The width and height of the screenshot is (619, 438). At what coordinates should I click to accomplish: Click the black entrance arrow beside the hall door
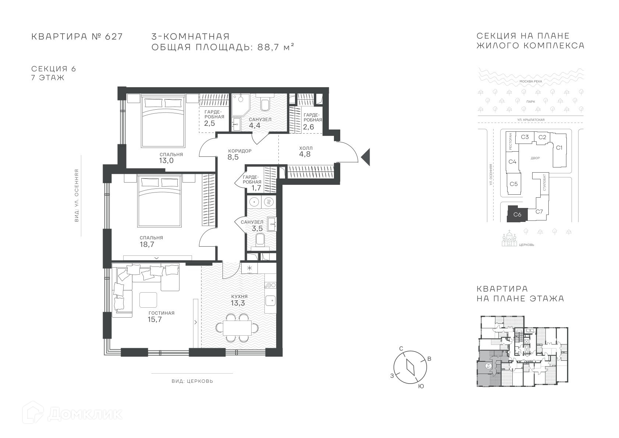pos(366,157)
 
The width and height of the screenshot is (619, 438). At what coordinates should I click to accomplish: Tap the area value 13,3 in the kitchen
pos(238,303)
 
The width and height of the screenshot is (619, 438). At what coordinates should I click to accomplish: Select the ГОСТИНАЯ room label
pos(162,313)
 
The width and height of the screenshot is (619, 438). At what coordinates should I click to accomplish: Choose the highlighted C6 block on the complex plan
pos(517,214)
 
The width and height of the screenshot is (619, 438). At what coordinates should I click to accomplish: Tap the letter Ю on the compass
pos(421,386)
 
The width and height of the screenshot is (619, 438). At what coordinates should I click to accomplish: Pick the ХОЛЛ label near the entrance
pos(306,148)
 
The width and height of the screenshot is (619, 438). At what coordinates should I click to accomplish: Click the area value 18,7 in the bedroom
pos(147,244)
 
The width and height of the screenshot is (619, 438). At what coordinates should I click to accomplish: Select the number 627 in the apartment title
pos(114,36)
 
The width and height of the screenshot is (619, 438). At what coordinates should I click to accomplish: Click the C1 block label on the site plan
pos(559,148)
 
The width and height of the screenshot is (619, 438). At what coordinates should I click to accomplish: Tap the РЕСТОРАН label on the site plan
pos(510,141)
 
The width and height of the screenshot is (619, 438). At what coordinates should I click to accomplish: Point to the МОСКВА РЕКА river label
pos(531,81)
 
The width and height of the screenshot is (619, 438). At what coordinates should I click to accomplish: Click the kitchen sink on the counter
pos(270,300)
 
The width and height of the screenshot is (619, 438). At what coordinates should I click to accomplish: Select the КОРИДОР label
pos(240,151)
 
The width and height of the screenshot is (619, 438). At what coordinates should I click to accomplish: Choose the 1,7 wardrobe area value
pos(256,188)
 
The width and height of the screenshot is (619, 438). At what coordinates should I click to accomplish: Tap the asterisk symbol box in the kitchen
pos(249,268)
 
